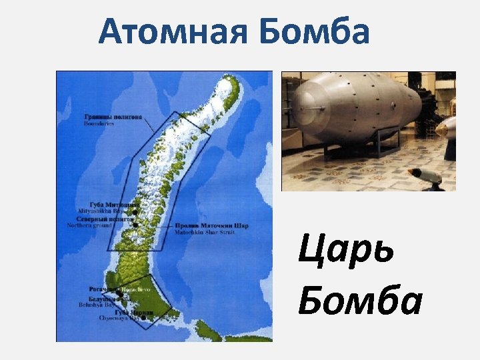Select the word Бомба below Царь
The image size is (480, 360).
360,301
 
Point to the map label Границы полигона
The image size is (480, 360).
113,117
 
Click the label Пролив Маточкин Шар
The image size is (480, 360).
212,226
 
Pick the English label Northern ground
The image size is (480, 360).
90,225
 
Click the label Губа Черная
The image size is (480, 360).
134,313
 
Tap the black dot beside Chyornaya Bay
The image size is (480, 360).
143,318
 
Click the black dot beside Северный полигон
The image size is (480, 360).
135,225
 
